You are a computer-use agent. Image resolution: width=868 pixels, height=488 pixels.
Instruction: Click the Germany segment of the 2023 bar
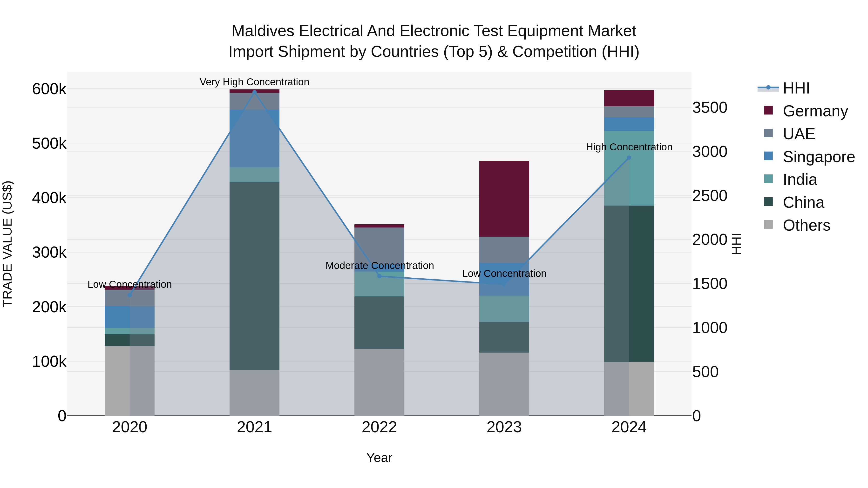[504, 199]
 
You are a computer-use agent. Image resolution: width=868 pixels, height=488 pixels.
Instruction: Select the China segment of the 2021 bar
[254, 276]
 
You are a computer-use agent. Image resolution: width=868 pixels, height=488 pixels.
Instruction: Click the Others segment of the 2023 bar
[504, 384]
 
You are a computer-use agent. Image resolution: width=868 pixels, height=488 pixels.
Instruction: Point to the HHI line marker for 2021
[254, 92]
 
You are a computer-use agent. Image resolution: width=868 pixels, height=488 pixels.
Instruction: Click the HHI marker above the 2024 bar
[629, 158]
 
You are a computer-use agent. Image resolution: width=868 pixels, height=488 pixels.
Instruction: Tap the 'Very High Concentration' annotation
[254, 82]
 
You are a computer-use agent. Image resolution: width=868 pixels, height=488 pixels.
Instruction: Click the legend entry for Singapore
[819, 157]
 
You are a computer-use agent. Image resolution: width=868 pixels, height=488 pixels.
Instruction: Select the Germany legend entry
[815, 111]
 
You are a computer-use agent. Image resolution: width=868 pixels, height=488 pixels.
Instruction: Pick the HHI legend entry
[796, 88]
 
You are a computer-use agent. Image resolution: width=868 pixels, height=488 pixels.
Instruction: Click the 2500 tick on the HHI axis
[710, 196]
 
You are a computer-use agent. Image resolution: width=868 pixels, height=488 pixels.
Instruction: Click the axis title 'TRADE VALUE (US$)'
[7, 244]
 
